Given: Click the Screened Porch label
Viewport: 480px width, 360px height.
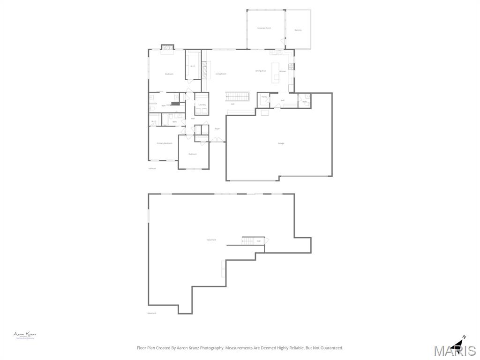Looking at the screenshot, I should (264, 28).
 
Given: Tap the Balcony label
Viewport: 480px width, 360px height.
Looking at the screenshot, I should (298, 30).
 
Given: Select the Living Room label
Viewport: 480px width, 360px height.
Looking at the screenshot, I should (221, 74).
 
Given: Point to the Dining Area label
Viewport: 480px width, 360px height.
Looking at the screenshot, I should (261, 71).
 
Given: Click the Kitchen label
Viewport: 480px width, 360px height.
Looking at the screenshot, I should (283, 71).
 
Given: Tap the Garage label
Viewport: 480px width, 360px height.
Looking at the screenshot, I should (281, 143).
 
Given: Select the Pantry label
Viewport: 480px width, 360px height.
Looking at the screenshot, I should (264, 97).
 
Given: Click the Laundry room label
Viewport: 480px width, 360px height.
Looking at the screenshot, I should (202, 105).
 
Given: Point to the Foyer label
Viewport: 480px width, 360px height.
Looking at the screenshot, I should (217, 128).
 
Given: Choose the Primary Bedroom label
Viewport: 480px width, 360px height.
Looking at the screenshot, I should (165, 143).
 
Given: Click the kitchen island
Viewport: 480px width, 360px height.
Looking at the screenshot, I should (276, 73).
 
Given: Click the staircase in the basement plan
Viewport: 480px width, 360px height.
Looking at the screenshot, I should (247, 241).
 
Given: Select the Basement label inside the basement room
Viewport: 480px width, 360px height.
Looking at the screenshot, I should (212, 240).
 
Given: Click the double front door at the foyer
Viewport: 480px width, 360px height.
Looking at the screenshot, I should (217, 140).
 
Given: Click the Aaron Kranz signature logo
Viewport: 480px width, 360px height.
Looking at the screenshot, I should (25, 335).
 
